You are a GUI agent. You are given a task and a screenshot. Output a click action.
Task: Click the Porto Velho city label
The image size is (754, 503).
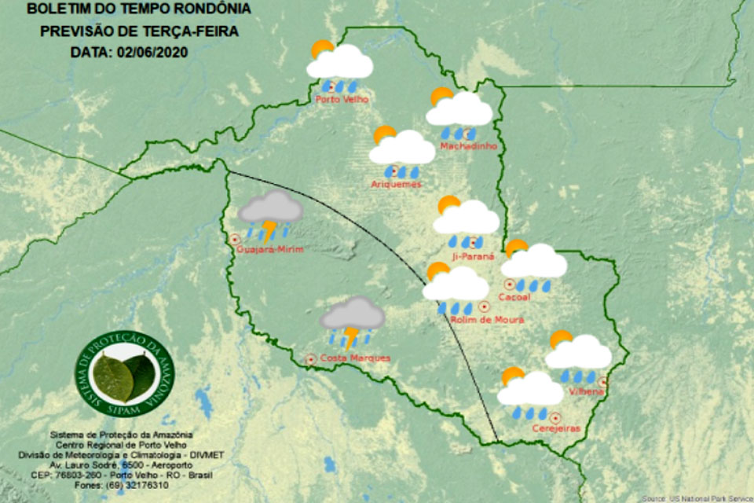tap(341, 100)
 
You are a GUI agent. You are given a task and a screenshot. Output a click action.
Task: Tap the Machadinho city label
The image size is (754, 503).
tap(465, 146)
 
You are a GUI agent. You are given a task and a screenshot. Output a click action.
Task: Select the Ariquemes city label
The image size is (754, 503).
tap(396, 185)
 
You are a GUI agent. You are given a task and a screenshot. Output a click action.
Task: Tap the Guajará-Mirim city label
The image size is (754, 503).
tap(269, 250)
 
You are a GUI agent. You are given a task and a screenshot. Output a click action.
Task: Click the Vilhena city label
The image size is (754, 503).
tap(583, 391)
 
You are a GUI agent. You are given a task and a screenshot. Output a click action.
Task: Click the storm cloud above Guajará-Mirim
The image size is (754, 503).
tap(271, 207)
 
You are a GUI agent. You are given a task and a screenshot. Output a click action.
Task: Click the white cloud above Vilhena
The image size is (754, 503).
tap(580, 354)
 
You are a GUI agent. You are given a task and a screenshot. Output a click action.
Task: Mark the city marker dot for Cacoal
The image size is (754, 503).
tap(509, 284)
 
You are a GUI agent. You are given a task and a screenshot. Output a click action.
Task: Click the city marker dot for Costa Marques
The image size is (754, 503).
tap(310, 359)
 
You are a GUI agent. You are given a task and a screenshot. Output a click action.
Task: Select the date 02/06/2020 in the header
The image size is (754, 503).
tap(157, 50)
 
